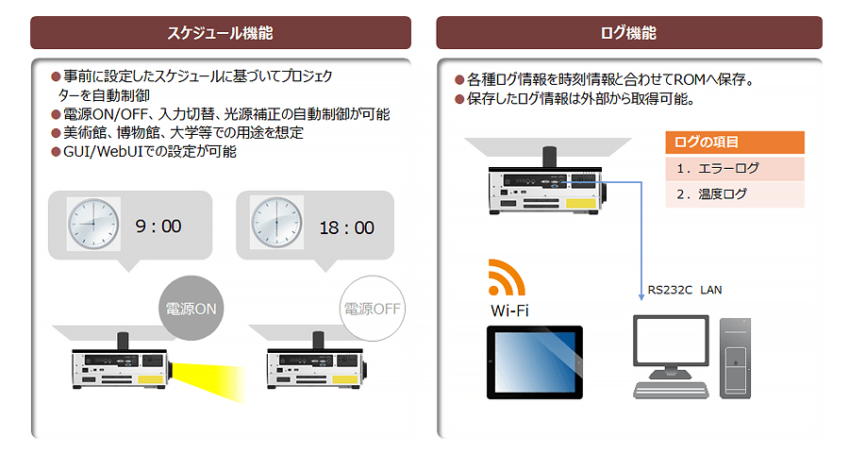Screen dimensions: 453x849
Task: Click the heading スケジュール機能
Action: pos(220,33)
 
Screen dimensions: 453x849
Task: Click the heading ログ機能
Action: pos(628,33)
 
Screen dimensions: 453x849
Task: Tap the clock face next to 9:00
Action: pos(93,225)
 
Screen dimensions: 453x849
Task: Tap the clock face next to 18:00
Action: pos(276,225)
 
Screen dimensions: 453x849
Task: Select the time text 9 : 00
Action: pos(158,226)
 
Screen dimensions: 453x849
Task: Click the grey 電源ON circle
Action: pos(192,309)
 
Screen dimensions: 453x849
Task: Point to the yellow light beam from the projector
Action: pos(209,377)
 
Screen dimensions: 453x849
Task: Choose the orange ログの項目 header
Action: pos(735,143)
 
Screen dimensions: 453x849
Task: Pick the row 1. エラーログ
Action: pos(735,169)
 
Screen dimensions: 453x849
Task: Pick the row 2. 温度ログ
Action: pos(735,194)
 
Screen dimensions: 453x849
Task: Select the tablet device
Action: pos(533,362)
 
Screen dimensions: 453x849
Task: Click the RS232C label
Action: pos(670,290)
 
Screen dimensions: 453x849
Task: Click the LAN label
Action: pos(710,290)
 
